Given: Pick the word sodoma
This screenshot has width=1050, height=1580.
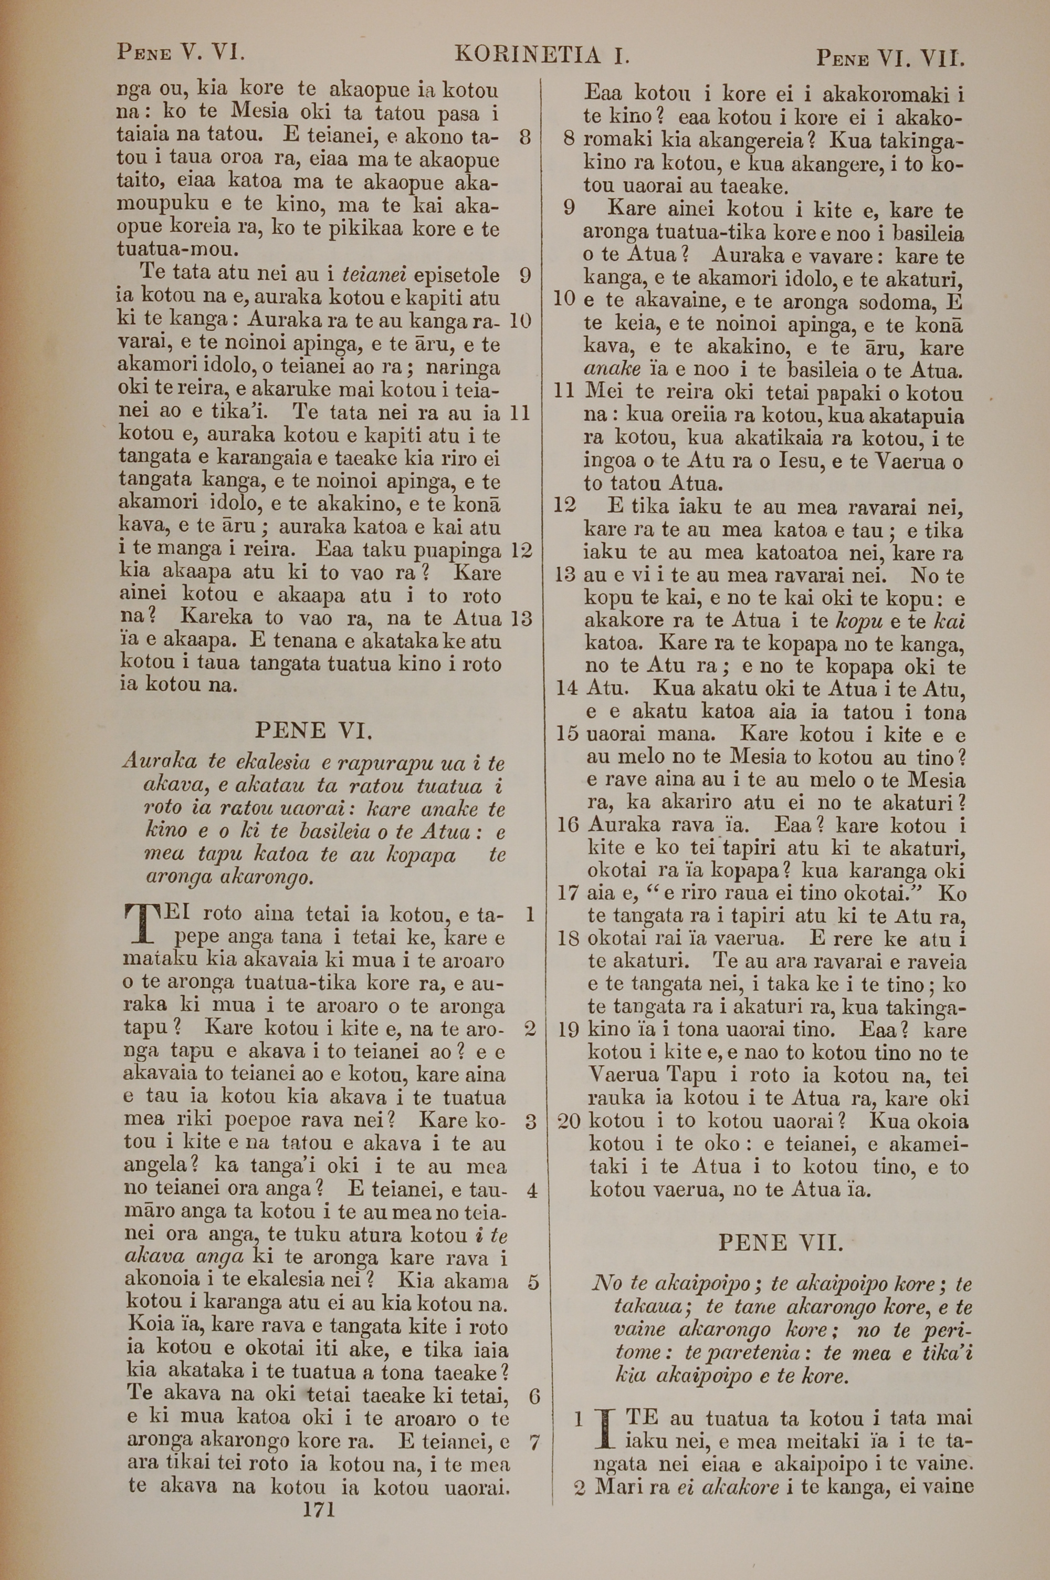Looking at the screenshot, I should click(x=896, y=302).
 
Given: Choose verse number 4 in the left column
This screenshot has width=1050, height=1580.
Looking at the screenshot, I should click(x=532, y=1190).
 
